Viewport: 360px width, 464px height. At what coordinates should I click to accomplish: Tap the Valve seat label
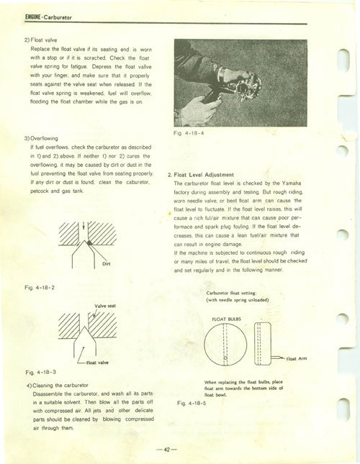(108, 306)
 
